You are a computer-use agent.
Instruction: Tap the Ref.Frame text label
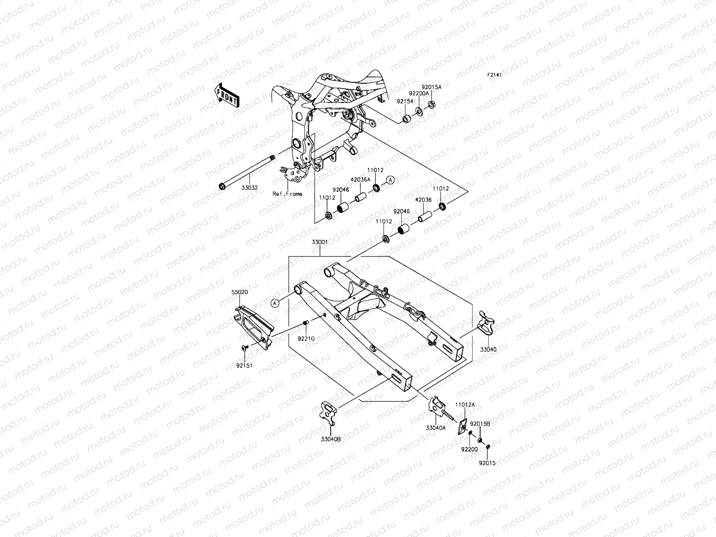tap(287, 194)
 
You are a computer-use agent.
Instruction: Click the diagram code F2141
tap(494, 75)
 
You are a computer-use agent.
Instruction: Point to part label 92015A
tap(431, 87)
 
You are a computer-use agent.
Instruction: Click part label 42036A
tap(360, 179)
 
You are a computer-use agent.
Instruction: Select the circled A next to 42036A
tap(391, 180)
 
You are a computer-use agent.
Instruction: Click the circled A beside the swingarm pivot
tap(275, 303)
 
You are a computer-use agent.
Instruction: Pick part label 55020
tap(239, 292)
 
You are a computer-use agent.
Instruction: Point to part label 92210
tap(306, 339)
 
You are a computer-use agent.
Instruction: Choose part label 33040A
tap(435, 428)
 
